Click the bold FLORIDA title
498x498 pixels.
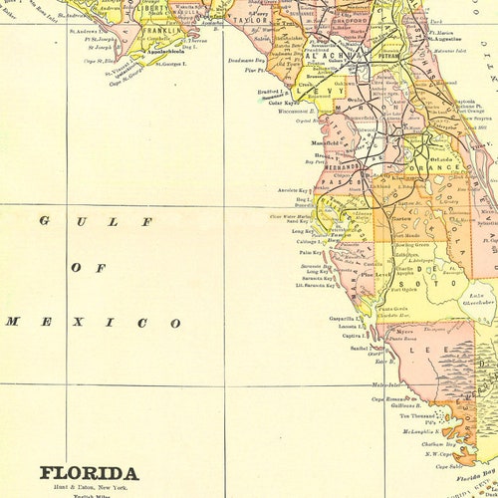point(90,472)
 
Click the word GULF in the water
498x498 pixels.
point(95,222)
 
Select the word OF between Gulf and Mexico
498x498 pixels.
point(88,268)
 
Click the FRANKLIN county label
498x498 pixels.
point(162,31)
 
